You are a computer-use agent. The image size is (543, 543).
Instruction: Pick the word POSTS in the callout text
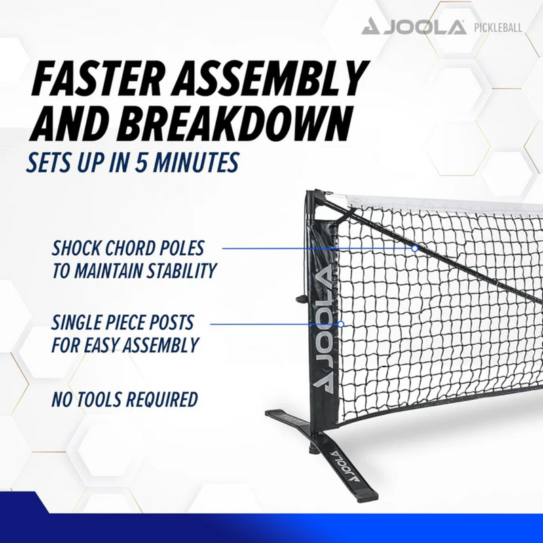point(173,322)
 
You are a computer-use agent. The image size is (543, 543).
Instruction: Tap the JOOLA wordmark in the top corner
point(432,28)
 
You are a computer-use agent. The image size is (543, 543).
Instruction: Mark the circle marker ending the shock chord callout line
point(414,248)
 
